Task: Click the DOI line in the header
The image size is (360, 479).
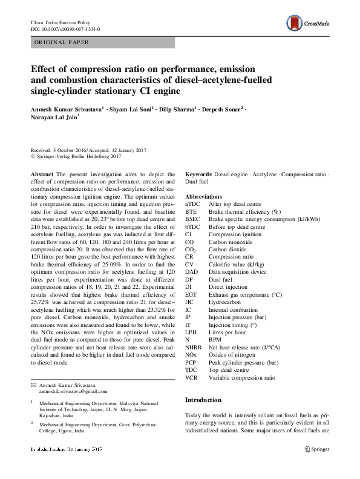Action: pyautogui.click(x=65, y=28)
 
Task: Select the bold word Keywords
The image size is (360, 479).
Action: pyautogui.click(x=198, y=174)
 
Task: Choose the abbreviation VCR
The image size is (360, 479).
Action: pyautogui.click(x=191, y=377)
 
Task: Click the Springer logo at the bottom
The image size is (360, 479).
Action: pyautogui.click(x=317, y=448)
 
